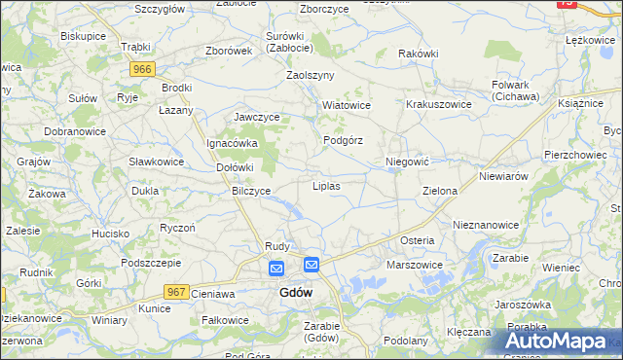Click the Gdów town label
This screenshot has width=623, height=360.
point(296,293)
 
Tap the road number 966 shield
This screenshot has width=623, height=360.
point(143,69)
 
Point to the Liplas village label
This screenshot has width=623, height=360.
point(325,185)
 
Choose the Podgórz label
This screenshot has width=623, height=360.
point(343,140)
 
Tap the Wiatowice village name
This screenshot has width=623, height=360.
point(348,104)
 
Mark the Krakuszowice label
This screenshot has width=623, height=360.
point(439,104)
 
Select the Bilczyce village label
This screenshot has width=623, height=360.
point(251,191)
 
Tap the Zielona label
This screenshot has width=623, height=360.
point(440,191)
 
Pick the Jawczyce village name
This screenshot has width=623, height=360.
point(257,117)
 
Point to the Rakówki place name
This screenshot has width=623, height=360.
point(420,54)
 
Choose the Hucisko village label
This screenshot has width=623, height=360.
point(111,234)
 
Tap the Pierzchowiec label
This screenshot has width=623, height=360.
point(575,154)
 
